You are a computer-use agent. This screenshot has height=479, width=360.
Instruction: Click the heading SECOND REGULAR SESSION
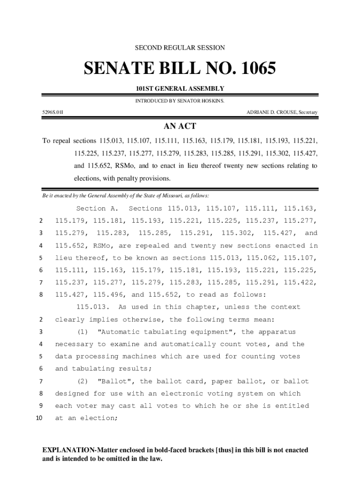pos(180,48)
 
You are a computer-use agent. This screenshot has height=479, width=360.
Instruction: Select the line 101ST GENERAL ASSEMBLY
pos(180,88)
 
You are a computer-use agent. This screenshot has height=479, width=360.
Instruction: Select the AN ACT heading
pos(180,126)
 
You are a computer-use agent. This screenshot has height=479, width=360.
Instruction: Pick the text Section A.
pos(97,209)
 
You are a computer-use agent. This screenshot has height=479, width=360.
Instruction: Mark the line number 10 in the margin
pos(39,418)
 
